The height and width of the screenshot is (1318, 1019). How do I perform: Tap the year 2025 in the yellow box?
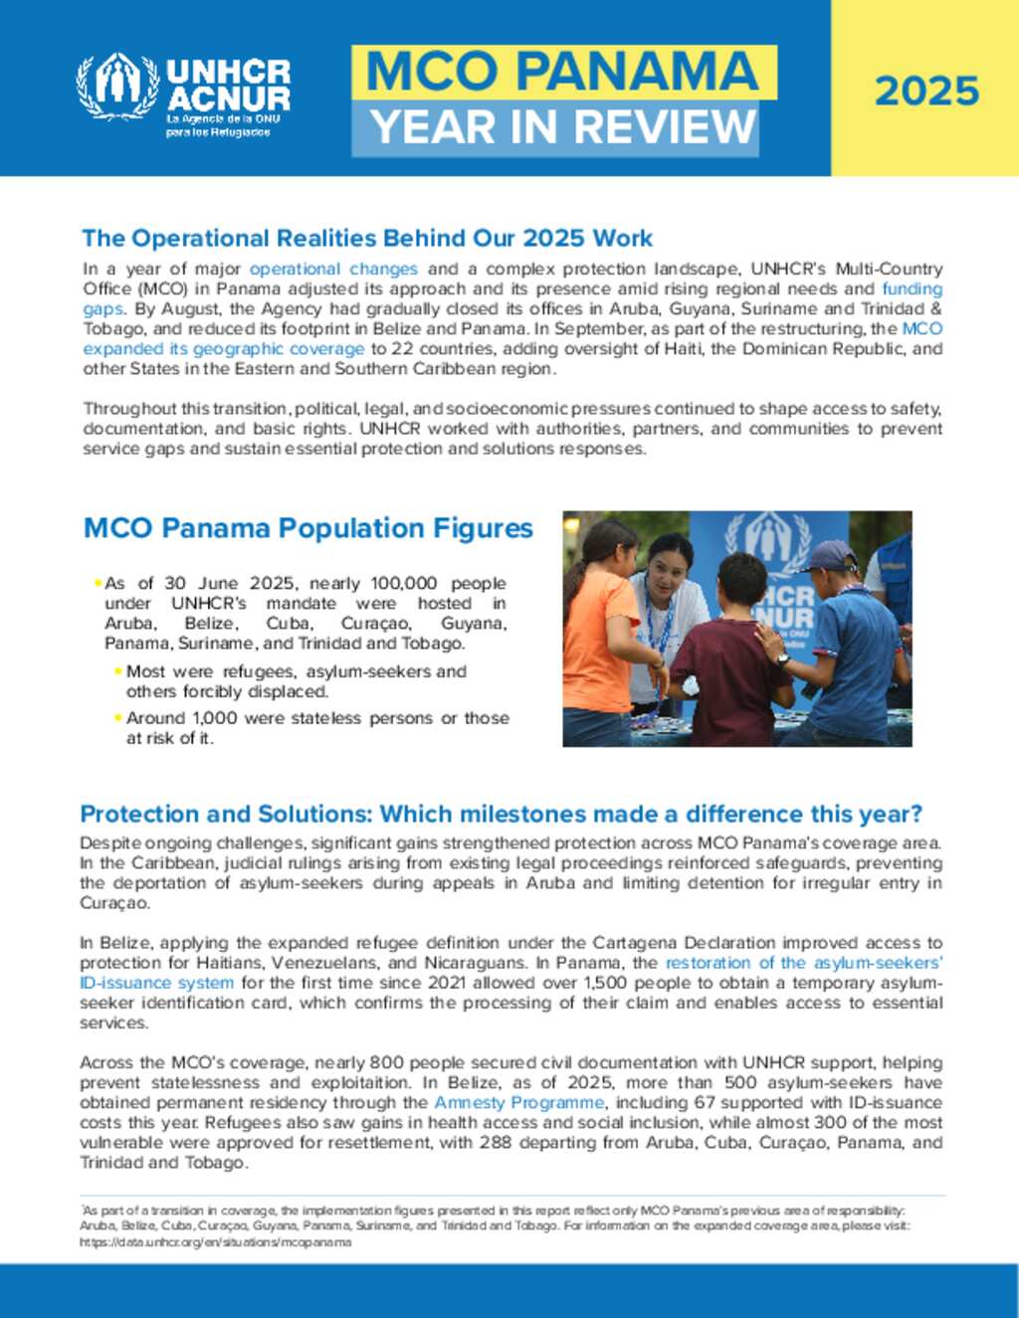[926, 92]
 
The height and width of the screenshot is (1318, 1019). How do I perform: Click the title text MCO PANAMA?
[562, 72]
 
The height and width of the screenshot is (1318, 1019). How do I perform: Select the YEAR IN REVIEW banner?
[562, 127]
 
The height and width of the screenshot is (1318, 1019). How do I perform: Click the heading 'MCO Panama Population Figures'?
[308, 528]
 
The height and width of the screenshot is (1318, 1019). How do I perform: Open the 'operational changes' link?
[333, 269]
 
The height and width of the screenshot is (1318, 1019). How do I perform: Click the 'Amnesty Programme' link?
[518, 1102]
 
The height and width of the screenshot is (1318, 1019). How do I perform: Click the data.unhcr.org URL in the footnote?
[215, 1241]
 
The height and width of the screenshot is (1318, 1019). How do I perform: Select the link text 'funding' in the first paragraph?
[912, 288]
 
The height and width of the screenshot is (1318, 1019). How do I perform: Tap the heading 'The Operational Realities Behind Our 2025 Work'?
[367, 239]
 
